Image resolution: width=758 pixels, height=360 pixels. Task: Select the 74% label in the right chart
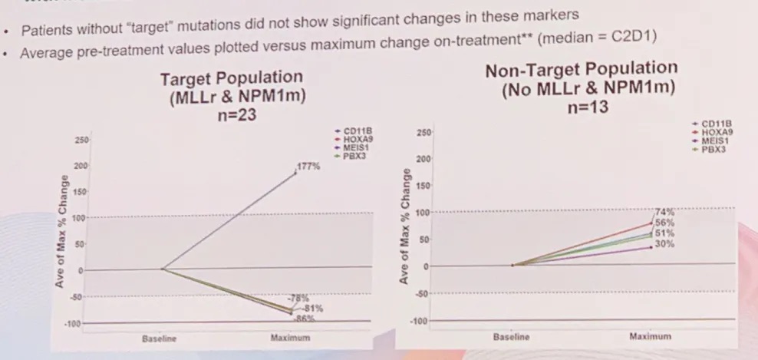point(664,210)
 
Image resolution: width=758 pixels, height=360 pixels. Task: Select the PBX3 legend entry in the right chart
point(709,149)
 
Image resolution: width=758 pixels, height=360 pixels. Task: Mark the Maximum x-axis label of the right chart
point(650,336)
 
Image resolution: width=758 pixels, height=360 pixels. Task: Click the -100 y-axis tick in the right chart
point(419,320)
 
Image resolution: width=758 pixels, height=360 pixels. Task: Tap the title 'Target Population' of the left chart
point(232,78)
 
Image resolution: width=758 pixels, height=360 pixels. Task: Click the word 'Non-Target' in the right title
point(529,71)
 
